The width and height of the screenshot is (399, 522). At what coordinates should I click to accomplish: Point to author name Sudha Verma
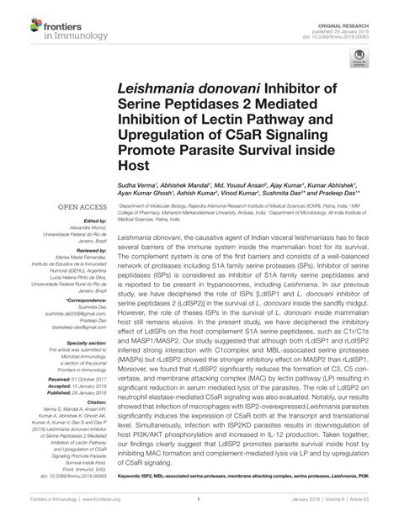(x=136, y=183)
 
